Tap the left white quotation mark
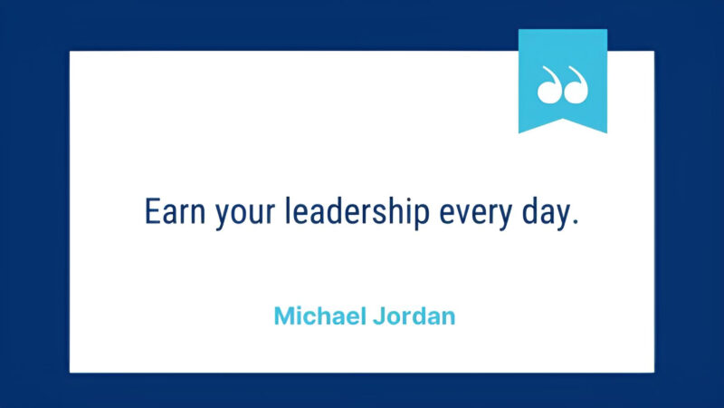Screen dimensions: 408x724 549,86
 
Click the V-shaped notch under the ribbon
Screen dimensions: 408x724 562,122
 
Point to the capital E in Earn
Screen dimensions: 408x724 151,211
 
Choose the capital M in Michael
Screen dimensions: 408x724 283,316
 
